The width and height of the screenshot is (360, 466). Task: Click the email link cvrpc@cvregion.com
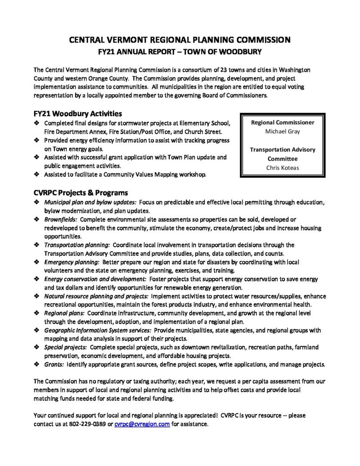pos(142,424)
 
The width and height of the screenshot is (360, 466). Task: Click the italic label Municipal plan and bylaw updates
pos(90,202)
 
